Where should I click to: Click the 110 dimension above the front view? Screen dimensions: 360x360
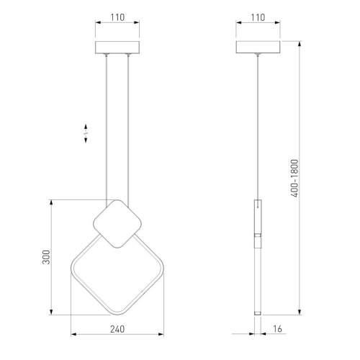[117, 17]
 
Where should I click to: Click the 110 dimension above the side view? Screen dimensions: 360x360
[258, 17]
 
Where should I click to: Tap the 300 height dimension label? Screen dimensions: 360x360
[46, 257]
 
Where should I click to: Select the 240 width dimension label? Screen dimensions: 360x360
[117, 329]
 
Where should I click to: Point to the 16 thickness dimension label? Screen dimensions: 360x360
[277, 329]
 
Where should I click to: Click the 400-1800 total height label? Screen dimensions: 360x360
[294, 179]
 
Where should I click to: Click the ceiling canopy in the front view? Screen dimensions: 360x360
[117, 48]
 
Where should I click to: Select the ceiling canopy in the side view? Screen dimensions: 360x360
[258, 47]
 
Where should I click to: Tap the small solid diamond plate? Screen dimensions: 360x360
[117, 224]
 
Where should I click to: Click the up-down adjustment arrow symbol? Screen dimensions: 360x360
[86, 133]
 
